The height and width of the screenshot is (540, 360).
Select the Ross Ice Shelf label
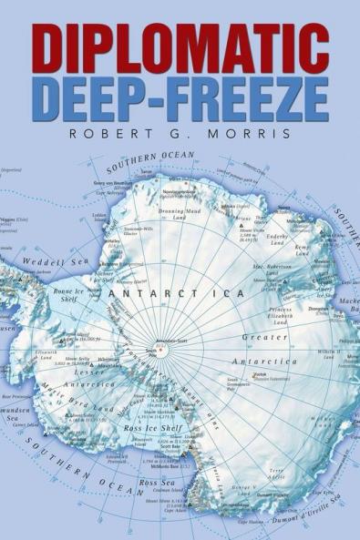coord(156,428)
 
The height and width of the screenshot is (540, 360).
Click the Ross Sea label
coord(157,483)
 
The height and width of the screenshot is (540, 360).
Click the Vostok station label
coord(235,373)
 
